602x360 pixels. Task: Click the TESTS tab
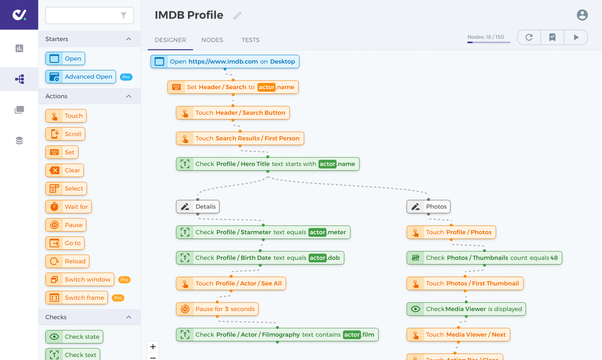click(250, 40)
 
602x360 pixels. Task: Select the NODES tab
click(212, 40)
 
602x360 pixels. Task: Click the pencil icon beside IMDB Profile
click(237, 16)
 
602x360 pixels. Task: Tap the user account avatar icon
click(582, 15)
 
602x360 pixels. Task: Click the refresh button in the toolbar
click(529, 37)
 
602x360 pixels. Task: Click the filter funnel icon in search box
click(123, 16)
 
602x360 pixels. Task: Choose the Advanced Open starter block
click(81, 77)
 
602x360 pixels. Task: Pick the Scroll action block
click(65, 134)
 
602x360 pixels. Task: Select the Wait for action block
click(69, 207)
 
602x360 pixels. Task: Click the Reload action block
click(67, 261)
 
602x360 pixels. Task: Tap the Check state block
click(74, 337)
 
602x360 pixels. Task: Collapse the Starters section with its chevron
click(129, 39)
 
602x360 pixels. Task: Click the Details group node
click(198, 207)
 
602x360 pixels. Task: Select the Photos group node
click(429, 207)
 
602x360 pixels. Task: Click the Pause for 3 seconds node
click(217, 309)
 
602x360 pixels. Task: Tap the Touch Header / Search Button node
click(233, 113)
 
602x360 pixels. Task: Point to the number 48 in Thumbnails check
click(554, 258)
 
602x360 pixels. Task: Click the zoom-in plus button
click(153, 347)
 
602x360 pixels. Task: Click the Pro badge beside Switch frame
click(118, 298)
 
